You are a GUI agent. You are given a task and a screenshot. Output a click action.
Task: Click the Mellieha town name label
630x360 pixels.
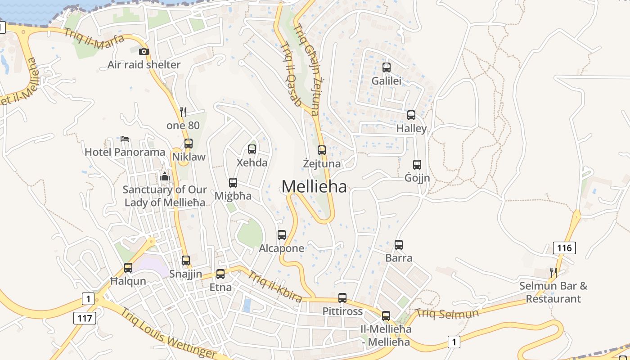(314, 186)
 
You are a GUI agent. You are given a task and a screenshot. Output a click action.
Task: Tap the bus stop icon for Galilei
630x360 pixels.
(387, 67)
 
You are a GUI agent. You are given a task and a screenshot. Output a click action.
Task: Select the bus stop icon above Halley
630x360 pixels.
(411, 115)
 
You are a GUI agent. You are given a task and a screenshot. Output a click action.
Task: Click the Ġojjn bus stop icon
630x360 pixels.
(417, 165)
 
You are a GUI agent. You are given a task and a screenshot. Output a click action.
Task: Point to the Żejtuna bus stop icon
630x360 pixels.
(322, 150)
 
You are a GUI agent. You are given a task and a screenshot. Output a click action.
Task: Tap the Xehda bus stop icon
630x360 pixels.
(252, 149)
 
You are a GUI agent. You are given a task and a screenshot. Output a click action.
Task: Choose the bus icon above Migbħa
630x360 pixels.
(233, 183)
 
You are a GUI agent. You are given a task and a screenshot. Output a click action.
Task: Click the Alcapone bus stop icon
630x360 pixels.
(282, 235)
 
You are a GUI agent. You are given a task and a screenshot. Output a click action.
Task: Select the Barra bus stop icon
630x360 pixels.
(399, 245)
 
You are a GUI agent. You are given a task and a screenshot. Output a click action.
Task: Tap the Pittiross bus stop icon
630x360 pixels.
(342, 298)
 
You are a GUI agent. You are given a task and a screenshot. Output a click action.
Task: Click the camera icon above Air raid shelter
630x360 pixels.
(144, 52)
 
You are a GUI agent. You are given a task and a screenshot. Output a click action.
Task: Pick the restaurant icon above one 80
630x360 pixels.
(183, 112)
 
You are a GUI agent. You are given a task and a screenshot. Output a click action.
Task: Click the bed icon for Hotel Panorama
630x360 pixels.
(125, 139)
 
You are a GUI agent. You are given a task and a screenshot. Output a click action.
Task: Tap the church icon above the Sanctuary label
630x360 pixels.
(165, 176)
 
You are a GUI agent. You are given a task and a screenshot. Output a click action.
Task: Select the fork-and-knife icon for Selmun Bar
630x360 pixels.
(553, 272)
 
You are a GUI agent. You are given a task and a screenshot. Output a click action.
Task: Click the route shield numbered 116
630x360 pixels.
(564, 247)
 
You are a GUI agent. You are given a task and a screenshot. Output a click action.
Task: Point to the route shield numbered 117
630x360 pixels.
(85, 318)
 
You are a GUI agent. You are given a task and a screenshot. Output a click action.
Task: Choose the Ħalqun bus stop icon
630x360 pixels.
(128, 268)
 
